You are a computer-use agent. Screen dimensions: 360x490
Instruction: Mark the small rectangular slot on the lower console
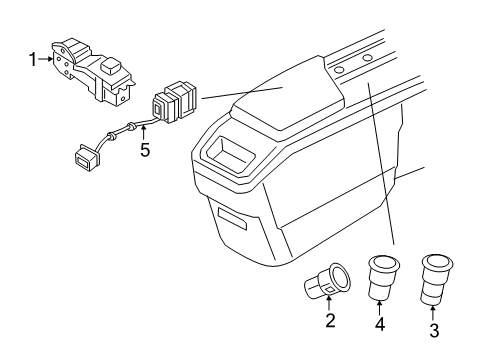(x=229, y=220)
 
